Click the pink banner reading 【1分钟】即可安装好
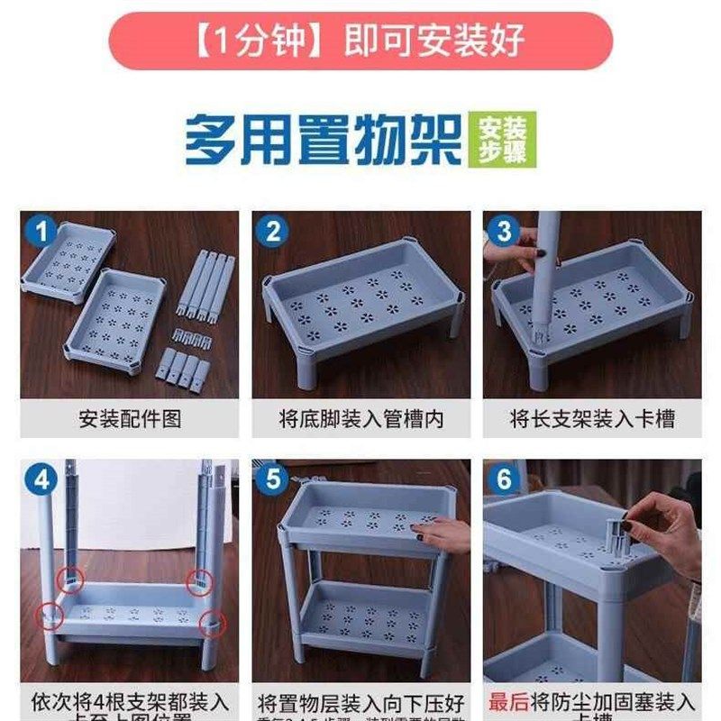point(360,41)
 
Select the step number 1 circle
point(40,233)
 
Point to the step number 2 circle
point(271,233)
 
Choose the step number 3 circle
point(503,233)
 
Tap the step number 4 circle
point(40,480)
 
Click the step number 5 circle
point(271,480)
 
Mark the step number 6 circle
point(503,480)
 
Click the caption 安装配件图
point(130,419)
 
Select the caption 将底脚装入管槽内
point(360,419)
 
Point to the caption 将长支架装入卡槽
point(592,419)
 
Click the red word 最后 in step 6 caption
point(507,701)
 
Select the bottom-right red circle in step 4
point(210,621)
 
